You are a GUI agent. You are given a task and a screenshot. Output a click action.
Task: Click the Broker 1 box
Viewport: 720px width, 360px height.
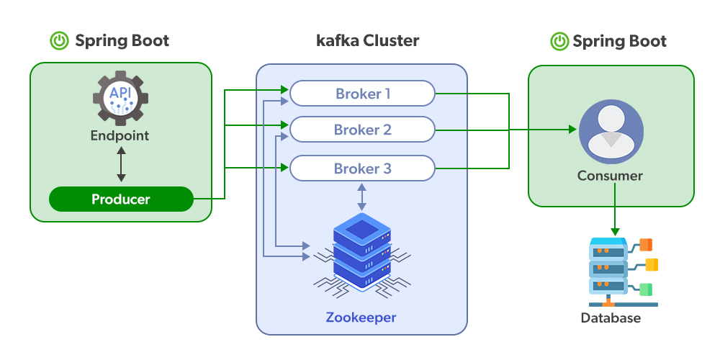coord(362,94)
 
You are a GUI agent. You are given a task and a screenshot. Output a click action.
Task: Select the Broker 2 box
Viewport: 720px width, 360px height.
coord(362,130)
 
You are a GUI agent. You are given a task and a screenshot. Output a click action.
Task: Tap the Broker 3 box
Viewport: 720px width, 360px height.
coord(362,168)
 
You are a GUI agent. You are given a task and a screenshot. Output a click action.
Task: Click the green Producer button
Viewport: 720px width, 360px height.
coord(121,199)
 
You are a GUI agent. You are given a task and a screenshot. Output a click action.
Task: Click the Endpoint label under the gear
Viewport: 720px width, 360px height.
coord(120,135)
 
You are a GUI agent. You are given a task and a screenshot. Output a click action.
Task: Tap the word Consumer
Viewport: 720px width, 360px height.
coord(610,175)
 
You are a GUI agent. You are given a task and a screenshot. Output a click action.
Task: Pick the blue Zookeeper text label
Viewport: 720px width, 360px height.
coord(361,318)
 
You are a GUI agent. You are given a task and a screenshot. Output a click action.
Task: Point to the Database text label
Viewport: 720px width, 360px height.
coord(611,318)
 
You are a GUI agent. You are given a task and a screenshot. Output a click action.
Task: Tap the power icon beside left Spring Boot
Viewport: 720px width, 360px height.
coord(59,41)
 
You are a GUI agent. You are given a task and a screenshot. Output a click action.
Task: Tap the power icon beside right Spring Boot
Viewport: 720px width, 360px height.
coord(559,41)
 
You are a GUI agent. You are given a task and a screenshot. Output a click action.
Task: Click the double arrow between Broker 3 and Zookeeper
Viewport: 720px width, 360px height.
coord(361,197)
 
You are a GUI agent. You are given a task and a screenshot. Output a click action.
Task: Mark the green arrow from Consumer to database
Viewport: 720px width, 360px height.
coord(615,209)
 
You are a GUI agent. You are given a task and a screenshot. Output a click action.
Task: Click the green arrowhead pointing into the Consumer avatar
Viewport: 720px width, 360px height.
coord(573,130)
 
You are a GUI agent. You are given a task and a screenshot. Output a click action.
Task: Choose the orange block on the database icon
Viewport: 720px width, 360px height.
coord(646,244)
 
